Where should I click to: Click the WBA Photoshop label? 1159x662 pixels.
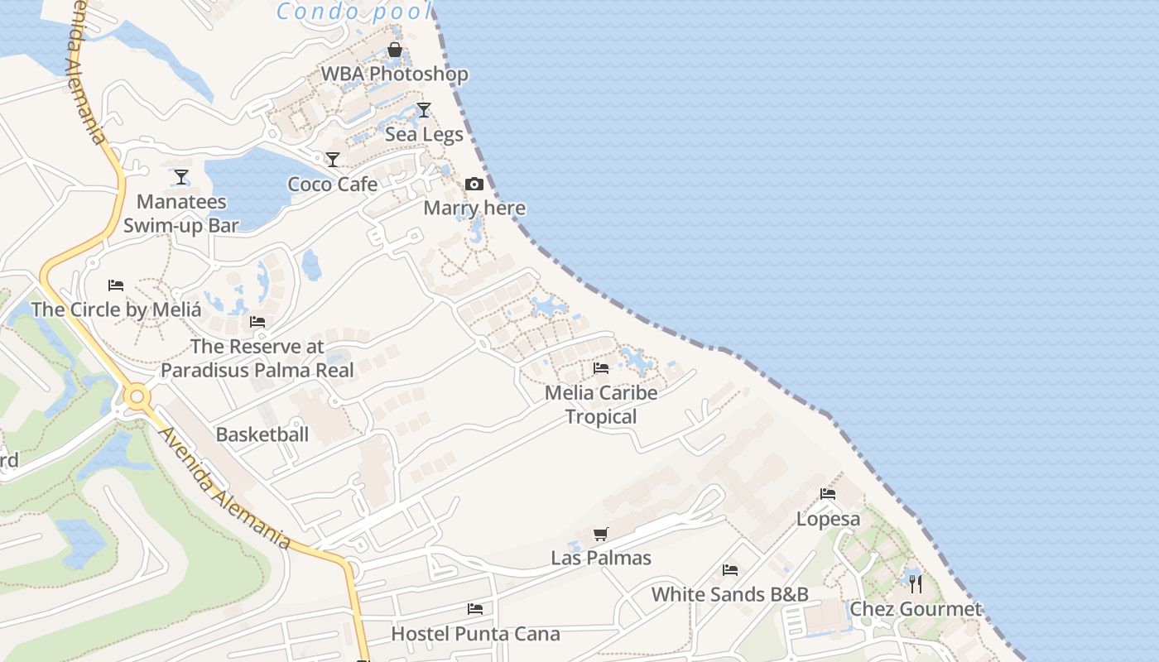click(x=394, y=74)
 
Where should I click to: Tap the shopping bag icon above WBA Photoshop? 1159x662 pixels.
click(x=395, y=50)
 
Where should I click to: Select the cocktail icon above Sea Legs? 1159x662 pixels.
click(x=424, y=110)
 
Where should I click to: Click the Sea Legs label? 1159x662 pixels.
click(x=424, y=133)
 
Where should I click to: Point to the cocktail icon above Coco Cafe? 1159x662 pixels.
click(x=333, y=160)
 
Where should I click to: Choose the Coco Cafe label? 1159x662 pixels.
click(x=332, y=184)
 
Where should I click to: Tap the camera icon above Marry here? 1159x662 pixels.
click(x=474, y=184)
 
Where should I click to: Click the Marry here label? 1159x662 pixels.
click(x=474, y=208)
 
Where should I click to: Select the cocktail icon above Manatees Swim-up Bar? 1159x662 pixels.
click(x=181, y=177)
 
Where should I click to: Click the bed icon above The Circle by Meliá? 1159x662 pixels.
click(x=116, y=285)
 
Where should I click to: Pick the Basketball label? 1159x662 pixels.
click(x=262, y=434)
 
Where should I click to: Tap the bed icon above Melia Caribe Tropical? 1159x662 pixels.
click(x=601, y=368)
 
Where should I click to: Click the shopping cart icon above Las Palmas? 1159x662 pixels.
click(x=601, y=535)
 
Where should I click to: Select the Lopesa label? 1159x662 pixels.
click(x=828, y=519)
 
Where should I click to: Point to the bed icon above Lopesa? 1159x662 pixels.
click(x=828, y=494)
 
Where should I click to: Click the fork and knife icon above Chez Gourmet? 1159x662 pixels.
click(x=916, y=584)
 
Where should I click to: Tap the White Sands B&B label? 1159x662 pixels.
click(x=729, y=594)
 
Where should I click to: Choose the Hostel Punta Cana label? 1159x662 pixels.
click(x=475, y=634)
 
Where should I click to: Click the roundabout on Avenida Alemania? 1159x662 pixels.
click(x=137, y=397)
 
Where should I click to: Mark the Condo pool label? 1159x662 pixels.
click(x=354, y=12)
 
